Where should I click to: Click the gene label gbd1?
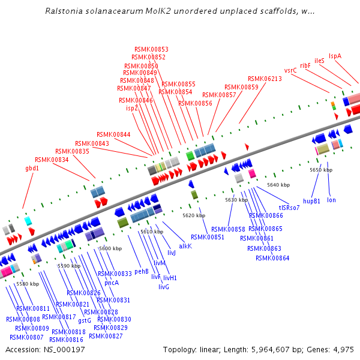(32, 169)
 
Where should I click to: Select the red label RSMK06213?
(265, 79)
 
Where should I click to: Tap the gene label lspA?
(335, 56)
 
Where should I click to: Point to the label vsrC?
(290, 70)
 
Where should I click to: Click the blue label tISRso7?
(289, 208)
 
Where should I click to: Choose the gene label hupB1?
(311, 200)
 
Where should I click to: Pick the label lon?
(331, 200)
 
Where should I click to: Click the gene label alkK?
(185, 246)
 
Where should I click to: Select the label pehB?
(142, 271)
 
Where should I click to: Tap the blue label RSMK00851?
(208, 237)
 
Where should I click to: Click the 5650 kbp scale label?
(321, 170)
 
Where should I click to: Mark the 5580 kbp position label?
(28, 284)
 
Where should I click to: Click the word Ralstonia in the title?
(63, 11)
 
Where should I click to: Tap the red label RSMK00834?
(52, 160)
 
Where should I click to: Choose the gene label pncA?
(112, 283)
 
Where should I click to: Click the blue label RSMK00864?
(272, 258)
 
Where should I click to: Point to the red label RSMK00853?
(151, 49)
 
